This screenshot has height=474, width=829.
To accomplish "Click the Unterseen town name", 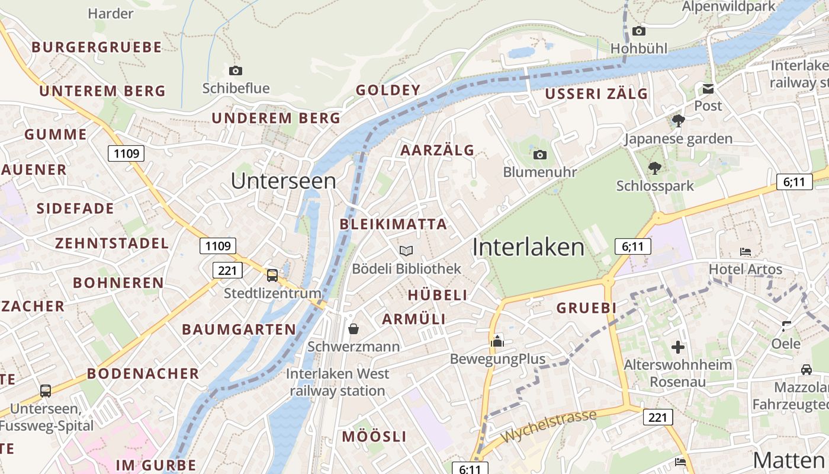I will pos(283,181).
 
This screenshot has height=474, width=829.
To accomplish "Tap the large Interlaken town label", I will pos(528,247).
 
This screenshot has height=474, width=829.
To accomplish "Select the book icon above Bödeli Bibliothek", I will pos(406,251).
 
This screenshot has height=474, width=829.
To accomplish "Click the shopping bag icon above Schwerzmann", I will pos(354,329).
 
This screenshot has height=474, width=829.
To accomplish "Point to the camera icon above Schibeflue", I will pos(236,71).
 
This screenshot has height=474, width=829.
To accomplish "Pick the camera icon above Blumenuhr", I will pos(539,155).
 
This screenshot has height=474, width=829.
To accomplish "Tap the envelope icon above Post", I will pos(708,89).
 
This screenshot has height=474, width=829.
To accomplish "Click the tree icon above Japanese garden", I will pos(679,121).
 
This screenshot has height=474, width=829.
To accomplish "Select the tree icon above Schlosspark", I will pos(655,168).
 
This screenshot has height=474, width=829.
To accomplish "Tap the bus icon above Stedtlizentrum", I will pos(272,276).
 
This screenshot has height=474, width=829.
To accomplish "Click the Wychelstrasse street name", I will pos(548,425).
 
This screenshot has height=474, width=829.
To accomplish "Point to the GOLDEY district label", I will pos(388,90).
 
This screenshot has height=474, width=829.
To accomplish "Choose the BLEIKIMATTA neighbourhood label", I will pos(393,224).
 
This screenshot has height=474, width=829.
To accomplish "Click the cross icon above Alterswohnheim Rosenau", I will pos(678,347).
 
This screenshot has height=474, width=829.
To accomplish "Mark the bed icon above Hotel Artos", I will pos(746,252).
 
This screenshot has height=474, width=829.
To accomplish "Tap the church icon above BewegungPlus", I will pos(497,341).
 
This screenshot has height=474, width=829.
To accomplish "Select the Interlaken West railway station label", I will pos(338,382).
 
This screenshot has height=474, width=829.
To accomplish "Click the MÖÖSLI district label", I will pos(374,437).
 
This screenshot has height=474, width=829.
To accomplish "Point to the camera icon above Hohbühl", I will pos(638,31).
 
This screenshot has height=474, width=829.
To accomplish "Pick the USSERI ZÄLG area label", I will pos(596,94).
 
